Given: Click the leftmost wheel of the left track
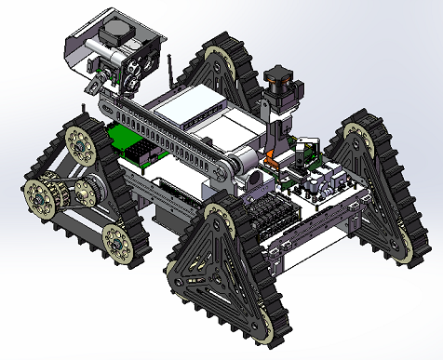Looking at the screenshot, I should pos(39,196).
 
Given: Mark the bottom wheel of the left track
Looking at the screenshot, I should pos(117,240).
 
